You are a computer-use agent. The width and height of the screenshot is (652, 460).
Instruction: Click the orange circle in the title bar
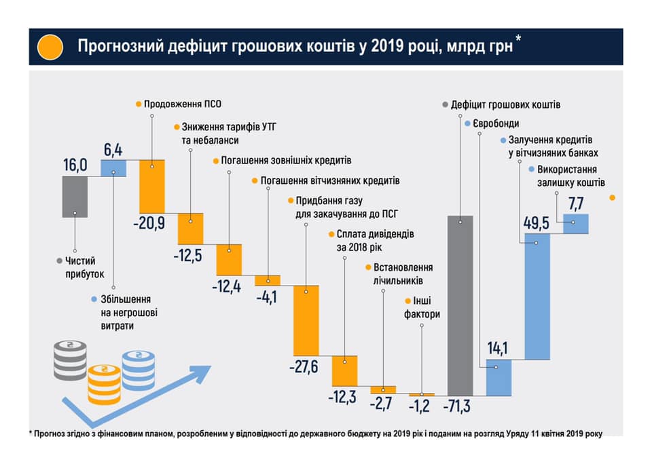pyautogui.click(x=50, y=47)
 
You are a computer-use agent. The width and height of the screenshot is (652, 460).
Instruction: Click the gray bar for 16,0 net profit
pyautogui.click(x=75, y=197)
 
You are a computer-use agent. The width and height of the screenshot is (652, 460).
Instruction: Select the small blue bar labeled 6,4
pyautogui.click(x=113, y=168)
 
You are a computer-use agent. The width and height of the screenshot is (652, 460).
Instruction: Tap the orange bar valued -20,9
pyautogui.click(x=152, y=187)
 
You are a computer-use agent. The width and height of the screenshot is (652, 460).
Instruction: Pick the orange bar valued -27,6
pyautogui.click(x=306, y=320)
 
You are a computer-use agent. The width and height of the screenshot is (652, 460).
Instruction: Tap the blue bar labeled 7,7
pyautogui.click(x=575, y=224)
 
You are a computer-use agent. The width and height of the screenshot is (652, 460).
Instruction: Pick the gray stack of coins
pyautogui.click(x=70, y=360)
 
